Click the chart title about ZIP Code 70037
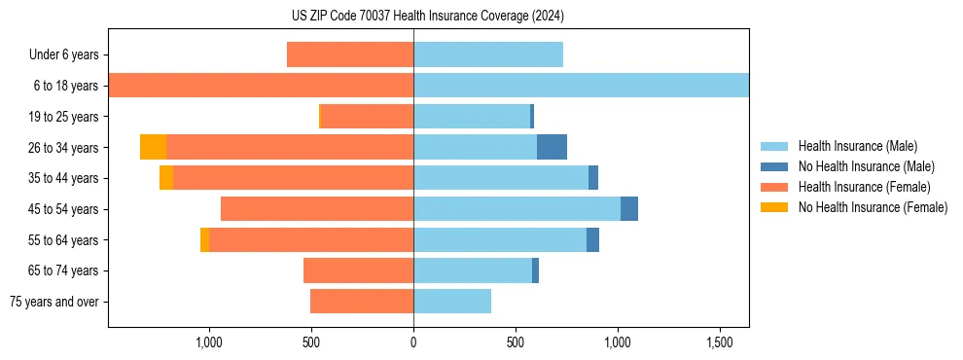(x=428, y=17)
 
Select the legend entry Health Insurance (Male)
(x=857, y=146)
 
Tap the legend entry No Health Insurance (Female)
(x=873, y=207)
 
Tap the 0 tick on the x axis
(x=413, y=342)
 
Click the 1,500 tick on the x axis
(x=720, y=342)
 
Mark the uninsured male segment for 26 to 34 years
(x=552, y=147)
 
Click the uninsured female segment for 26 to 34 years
(x=153, y=147)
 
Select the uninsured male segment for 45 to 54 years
(x=629, y=209)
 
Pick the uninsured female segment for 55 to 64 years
(x=204, y=240)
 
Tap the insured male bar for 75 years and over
(x=452, y=302)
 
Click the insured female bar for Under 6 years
(x=350, y=55)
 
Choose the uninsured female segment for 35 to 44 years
(x=166, y=178)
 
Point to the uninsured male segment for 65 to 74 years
(x=535, y=270)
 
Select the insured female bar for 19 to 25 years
(x=367, y=117)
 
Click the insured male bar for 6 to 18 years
(x=581, y=86)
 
